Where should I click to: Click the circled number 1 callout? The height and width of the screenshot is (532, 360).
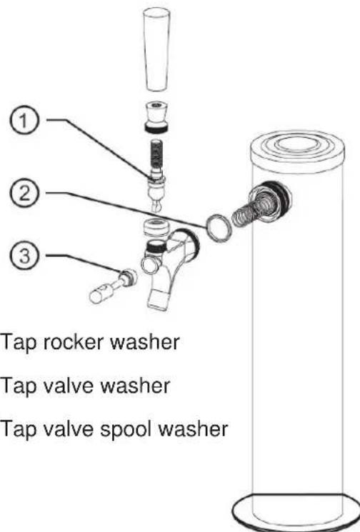click(24, 121)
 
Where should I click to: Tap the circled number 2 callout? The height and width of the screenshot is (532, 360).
click(24, 195)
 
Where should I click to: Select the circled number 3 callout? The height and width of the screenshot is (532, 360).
click(24, 256)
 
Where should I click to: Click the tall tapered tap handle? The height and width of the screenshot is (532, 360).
click(156, 49)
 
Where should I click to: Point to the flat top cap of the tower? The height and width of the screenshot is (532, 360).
click(297, 149)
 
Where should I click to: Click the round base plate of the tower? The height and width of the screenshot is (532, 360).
click(295, 513)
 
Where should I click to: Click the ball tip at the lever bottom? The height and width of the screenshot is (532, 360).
click(156, 205)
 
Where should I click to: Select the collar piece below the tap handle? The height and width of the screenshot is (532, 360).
click(156, 116)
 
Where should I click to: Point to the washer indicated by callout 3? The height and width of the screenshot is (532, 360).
click(129, 276)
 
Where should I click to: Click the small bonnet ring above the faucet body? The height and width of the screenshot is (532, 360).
click(156, 227)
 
